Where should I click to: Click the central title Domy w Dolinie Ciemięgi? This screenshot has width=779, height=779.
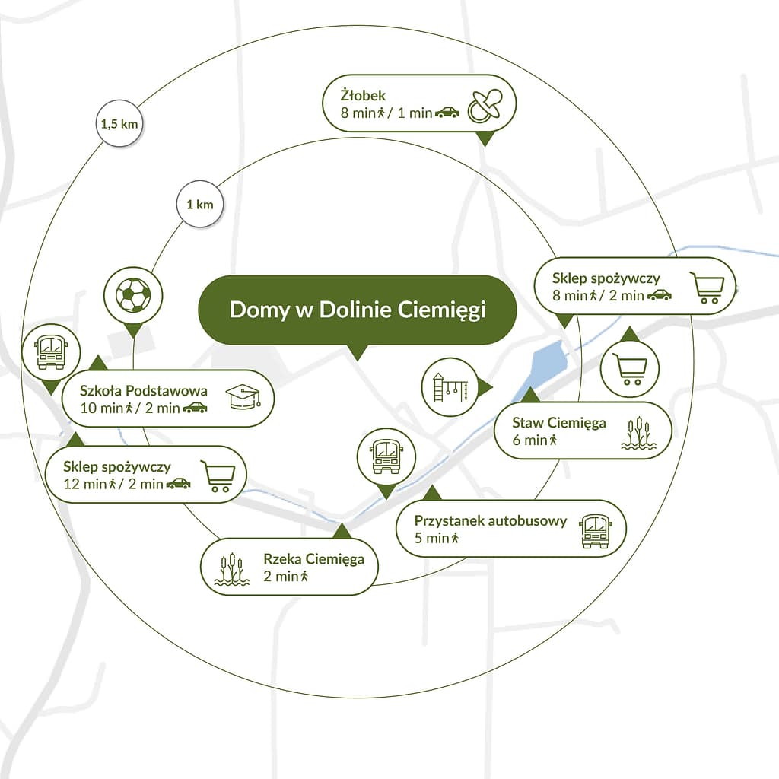[x=357, y=310]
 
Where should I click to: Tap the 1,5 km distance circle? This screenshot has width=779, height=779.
[x=121, y=123]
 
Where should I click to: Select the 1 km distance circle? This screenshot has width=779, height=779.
[x=199, y=205]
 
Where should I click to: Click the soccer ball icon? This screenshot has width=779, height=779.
[x=133, y=294]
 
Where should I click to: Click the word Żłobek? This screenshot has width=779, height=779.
[x=363, y=96]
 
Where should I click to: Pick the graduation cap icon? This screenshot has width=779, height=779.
[x=243, y=397]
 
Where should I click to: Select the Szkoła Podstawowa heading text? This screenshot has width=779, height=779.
[x=144, y=390]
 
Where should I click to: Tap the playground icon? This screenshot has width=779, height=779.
[x=450, y=386]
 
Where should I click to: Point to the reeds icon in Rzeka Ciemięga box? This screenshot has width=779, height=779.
[x=231, y=568]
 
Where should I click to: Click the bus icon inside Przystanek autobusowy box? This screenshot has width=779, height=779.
[x=595, y=529]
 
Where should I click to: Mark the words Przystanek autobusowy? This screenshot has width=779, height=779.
[x=491, y=521]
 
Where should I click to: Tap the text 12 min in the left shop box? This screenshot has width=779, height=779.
[x=84, y=483]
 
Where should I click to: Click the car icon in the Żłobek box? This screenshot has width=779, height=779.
[x=447, y=113]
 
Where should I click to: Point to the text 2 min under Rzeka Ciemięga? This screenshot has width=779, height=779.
[x=281, y=576]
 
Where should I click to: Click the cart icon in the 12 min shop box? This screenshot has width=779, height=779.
[x=216, y=475]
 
